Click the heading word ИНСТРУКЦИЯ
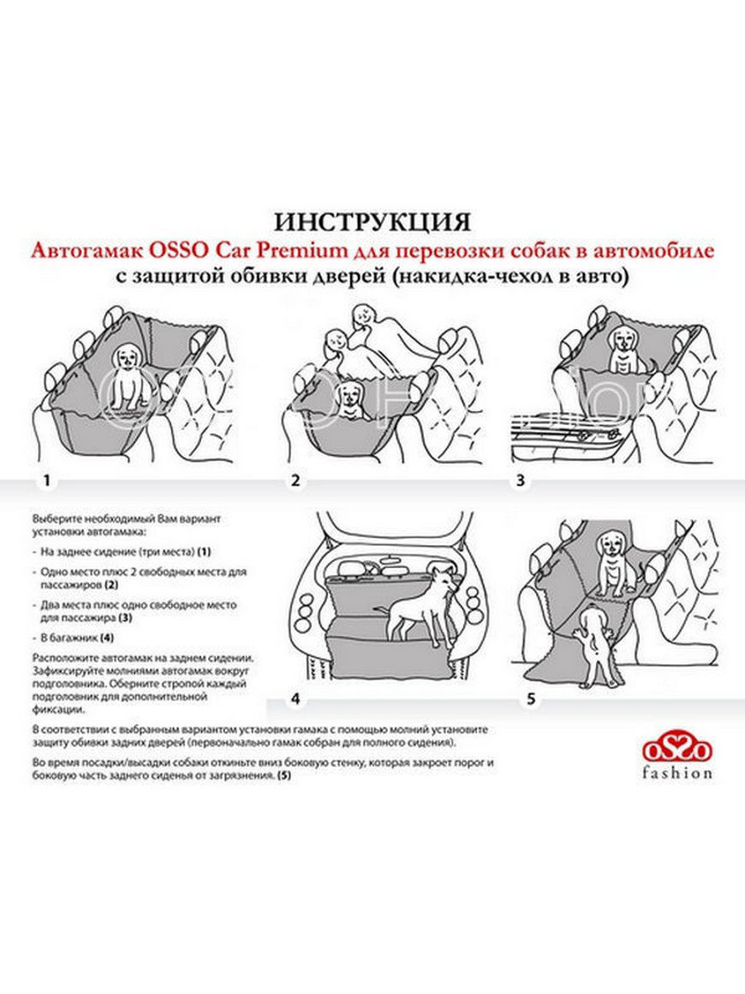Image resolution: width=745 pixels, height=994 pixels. click(372, 221)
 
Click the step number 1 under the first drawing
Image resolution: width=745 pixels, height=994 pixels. click(46, 482)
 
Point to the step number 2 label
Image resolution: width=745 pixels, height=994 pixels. click(295, 482)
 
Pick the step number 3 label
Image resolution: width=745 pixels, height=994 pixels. click(520, 482)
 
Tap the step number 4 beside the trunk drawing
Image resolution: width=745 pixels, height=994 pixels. click(295, 699)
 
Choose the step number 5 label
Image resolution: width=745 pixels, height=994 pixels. click(531, 699)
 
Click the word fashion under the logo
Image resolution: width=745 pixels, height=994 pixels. click(677, 773)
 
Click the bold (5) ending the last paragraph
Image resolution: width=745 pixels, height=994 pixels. click(284, 775)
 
